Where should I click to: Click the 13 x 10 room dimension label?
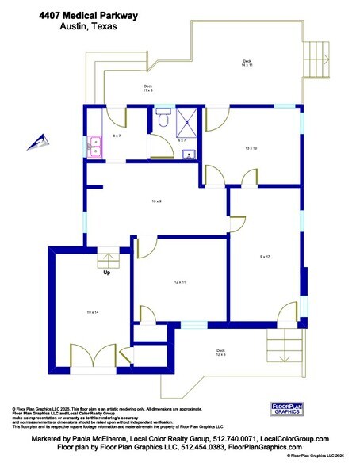252,147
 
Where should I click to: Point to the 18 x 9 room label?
156,201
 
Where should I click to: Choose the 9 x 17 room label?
266,257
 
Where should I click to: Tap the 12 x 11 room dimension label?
179,282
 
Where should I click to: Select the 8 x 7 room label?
117,136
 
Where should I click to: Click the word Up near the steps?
105,273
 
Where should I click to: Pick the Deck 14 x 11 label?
247,63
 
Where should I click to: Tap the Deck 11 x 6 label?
147,88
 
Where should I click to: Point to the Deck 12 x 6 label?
221,352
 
